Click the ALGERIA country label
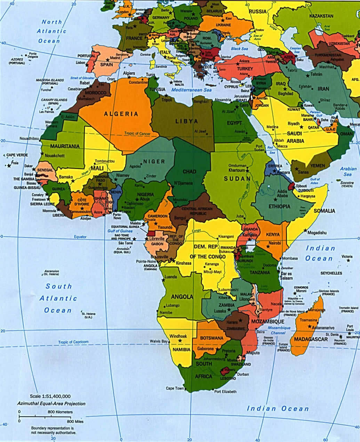tap(121, 114)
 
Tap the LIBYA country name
tap(186, 121)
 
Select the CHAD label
tap(189, 171)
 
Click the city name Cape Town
tap(175, 388)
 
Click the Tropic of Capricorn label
tap(73, 342)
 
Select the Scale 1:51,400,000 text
tap(50, 396)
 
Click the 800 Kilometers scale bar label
tap(60, 412)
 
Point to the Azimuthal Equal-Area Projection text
tap(51, 403)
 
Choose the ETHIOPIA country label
tap(279, 206)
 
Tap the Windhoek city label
tap(178, 336)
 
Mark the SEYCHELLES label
tap(331, 273)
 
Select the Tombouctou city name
tap(104, 161)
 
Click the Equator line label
tap(80, 237)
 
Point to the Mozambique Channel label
tap(279, 330)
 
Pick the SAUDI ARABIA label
tap(295, 137)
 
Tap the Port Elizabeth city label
tap(225, 392)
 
